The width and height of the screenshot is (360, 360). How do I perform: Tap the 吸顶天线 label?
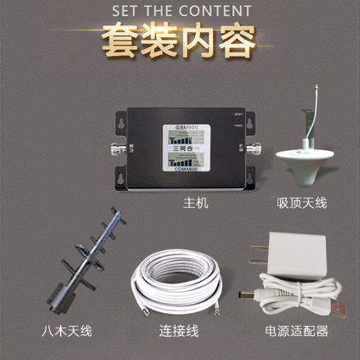[301, 203]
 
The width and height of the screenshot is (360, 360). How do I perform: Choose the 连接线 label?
[179, 332]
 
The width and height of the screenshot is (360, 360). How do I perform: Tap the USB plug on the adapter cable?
[337, 309]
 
